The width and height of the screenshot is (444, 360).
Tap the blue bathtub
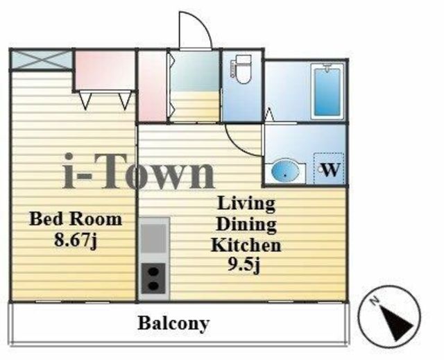[x=327, y=91]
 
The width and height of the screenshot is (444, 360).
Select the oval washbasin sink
[x=285, y=170]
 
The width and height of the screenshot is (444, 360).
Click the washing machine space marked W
[x=330, y=169]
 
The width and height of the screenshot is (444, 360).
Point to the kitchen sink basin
[x=154, y=238]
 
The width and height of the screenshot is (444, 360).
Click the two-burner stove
[x=153, y=278]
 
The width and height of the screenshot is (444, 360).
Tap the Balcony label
[x=173, y=323]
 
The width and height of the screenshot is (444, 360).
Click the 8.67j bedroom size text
[x=76, y=239]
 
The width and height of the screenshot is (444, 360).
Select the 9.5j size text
[x=244, y=266]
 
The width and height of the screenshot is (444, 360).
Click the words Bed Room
[x=76, y=219]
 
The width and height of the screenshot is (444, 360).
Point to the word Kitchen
[x=246, y=245]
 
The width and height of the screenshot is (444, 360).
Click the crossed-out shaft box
[x=42, y=60]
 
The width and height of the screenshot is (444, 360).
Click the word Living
[x=246, y=204]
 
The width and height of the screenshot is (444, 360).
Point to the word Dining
[x=246, y=225]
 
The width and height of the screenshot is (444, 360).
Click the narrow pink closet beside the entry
[x=152, y=86]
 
